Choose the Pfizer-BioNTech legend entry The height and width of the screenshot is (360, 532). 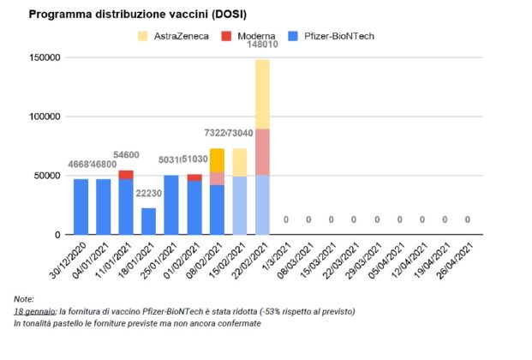(x=331, y=36)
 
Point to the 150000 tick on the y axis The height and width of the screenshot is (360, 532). (x=40, y=57)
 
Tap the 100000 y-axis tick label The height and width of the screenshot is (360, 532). (x=40, y=117)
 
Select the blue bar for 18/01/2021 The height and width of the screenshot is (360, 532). (x=149, y=221)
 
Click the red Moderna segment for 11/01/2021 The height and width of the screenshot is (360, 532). (x=126, y=175)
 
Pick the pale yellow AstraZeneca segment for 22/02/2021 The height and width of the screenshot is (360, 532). (x=262, y=94)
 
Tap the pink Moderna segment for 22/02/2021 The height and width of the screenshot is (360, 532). (x=262, y=152)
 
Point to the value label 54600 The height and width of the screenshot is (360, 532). (x=127, y=154)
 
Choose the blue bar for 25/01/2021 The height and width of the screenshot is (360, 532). (x=171, y=205)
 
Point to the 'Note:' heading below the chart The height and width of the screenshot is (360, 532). (x=25, y=298)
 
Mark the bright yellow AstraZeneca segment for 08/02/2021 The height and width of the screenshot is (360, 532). (x=217, y=160)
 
